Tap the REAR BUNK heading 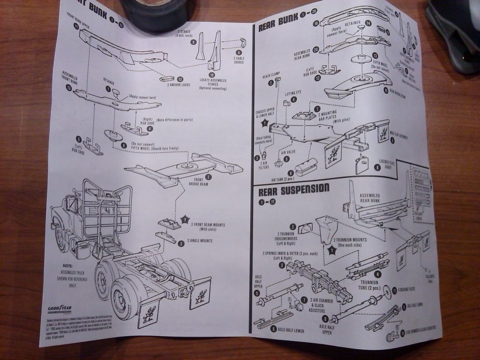click(278, 21)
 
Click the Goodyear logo click(59, 309)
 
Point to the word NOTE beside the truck click(67, 265)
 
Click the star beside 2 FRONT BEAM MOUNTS click(185, 219)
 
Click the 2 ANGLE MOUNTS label click(200, 240)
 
